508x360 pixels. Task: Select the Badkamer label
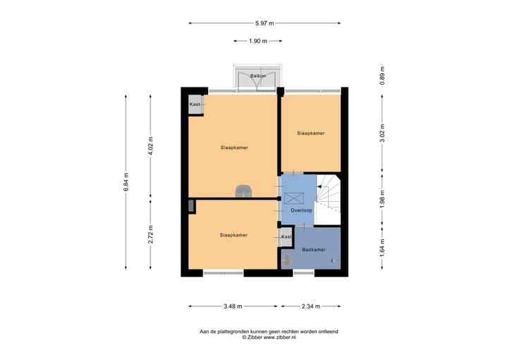point(313,250)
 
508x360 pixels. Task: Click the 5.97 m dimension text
point(265,23)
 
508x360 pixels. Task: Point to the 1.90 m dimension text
point(258,41)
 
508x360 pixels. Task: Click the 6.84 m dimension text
point(126,182)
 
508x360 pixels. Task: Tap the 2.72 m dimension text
point(150,234)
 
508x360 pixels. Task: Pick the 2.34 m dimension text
point(310,306)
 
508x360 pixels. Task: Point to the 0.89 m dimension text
point(382,76)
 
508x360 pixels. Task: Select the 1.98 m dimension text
point(382,200)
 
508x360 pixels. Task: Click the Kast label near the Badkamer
point(286,236)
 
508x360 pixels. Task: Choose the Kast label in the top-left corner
point(195,104)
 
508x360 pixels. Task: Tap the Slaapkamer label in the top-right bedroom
point(310,133)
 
